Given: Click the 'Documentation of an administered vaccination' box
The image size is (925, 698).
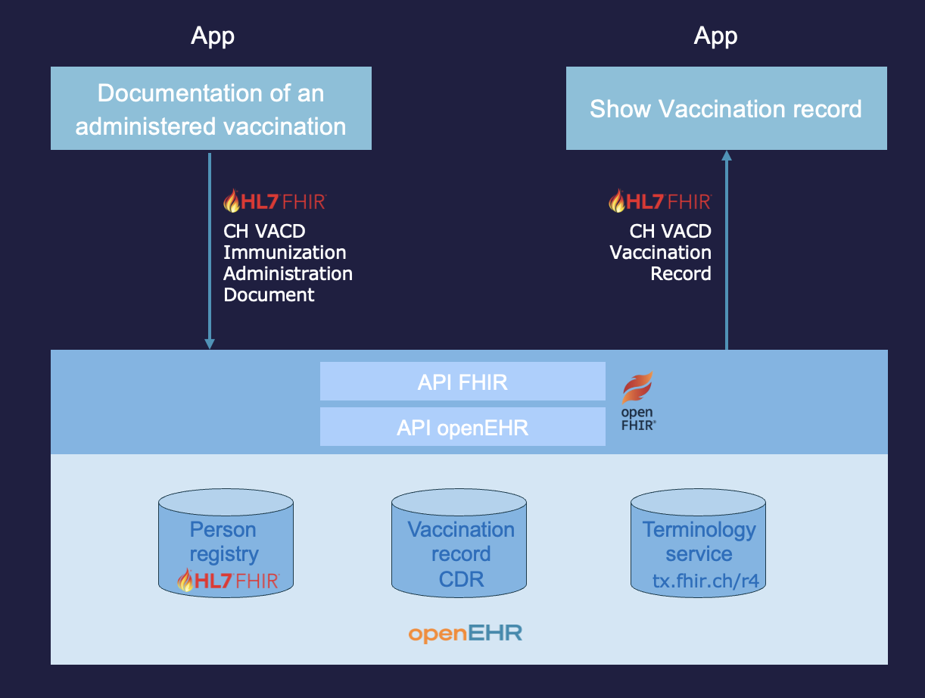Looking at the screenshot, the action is point(210,108).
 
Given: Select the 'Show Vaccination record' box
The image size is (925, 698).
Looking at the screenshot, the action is point(727,108).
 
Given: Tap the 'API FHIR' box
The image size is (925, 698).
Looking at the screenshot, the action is point(462,382).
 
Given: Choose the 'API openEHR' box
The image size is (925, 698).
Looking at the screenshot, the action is point(462,427).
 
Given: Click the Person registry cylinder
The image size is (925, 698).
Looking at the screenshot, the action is point(226,543).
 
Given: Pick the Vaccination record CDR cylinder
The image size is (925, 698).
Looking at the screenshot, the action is point(459,543).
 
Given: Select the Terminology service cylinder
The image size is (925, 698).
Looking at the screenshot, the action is point(698,543).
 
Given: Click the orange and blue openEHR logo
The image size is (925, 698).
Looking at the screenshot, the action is point(466,633).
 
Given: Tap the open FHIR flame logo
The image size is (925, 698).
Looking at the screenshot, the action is point(638,401).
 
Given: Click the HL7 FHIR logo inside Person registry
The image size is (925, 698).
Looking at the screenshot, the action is point(228,580).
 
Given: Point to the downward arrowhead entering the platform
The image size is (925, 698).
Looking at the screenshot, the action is point(210,344).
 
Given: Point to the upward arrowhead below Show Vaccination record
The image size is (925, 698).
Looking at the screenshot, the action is point(727,155).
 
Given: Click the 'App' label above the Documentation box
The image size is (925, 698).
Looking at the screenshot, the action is point(213,36).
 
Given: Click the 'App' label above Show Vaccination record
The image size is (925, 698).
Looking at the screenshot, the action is point(715,36).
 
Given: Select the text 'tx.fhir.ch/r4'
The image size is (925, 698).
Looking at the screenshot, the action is point(706,581).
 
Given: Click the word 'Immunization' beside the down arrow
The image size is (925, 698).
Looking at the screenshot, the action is point(285,253).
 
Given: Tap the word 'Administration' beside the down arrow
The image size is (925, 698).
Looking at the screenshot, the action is point(288,273).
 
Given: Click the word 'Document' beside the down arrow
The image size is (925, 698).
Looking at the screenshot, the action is point(269,294).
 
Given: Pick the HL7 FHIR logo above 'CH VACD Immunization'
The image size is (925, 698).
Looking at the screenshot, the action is point(275,201).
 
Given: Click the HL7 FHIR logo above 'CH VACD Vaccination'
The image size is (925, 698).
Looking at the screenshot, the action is point(660,201).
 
